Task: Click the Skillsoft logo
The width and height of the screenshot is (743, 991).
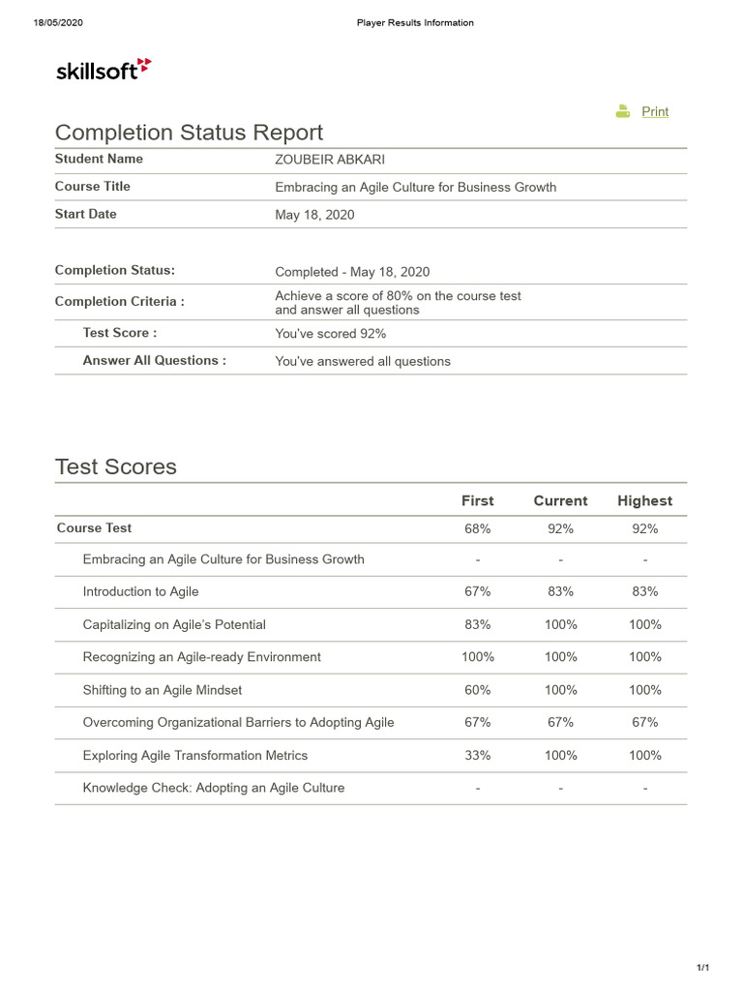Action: tap(104, 69)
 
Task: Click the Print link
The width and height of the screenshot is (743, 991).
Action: tap(655, 111)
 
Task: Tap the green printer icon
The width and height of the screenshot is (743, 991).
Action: tap(623, 111)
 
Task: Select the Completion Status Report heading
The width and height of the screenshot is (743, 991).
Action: tap(189, 133)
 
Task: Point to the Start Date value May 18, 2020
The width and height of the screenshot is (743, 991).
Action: tap(314, 215)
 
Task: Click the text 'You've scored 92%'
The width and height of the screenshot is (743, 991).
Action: tap(330, 334)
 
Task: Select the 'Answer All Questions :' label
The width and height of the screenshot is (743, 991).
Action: tap(154, 361)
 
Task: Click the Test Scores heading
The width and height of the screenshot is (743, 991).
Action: tap(116, 466)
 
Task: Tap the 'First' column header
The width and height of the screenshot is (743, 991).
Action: tap(477, 500)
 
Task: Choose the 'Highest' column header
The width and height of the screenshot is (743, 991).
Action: tap(644, 500)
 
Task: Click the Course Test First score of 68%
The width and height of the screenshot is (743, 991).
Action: tap(477, 528)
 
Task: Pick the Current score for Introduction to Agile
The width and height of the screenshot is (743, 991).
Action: tap(560, 591)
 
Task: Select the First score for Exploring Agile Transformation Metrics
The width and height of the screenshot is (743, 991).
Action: tap(477, 755)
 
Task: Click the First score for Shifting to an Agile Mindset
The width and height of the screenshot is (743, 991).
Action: tap(477, 690)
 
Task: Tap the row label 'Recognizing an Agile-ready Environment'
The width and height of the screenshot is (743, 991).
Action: tap(201, 657)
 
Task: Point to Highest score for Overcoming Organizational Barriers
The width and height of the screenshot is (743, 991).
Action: tap(644, 722)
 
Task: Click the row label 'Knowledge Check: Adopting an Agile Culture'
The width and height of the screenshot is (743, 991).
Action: tap(213, 788)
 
